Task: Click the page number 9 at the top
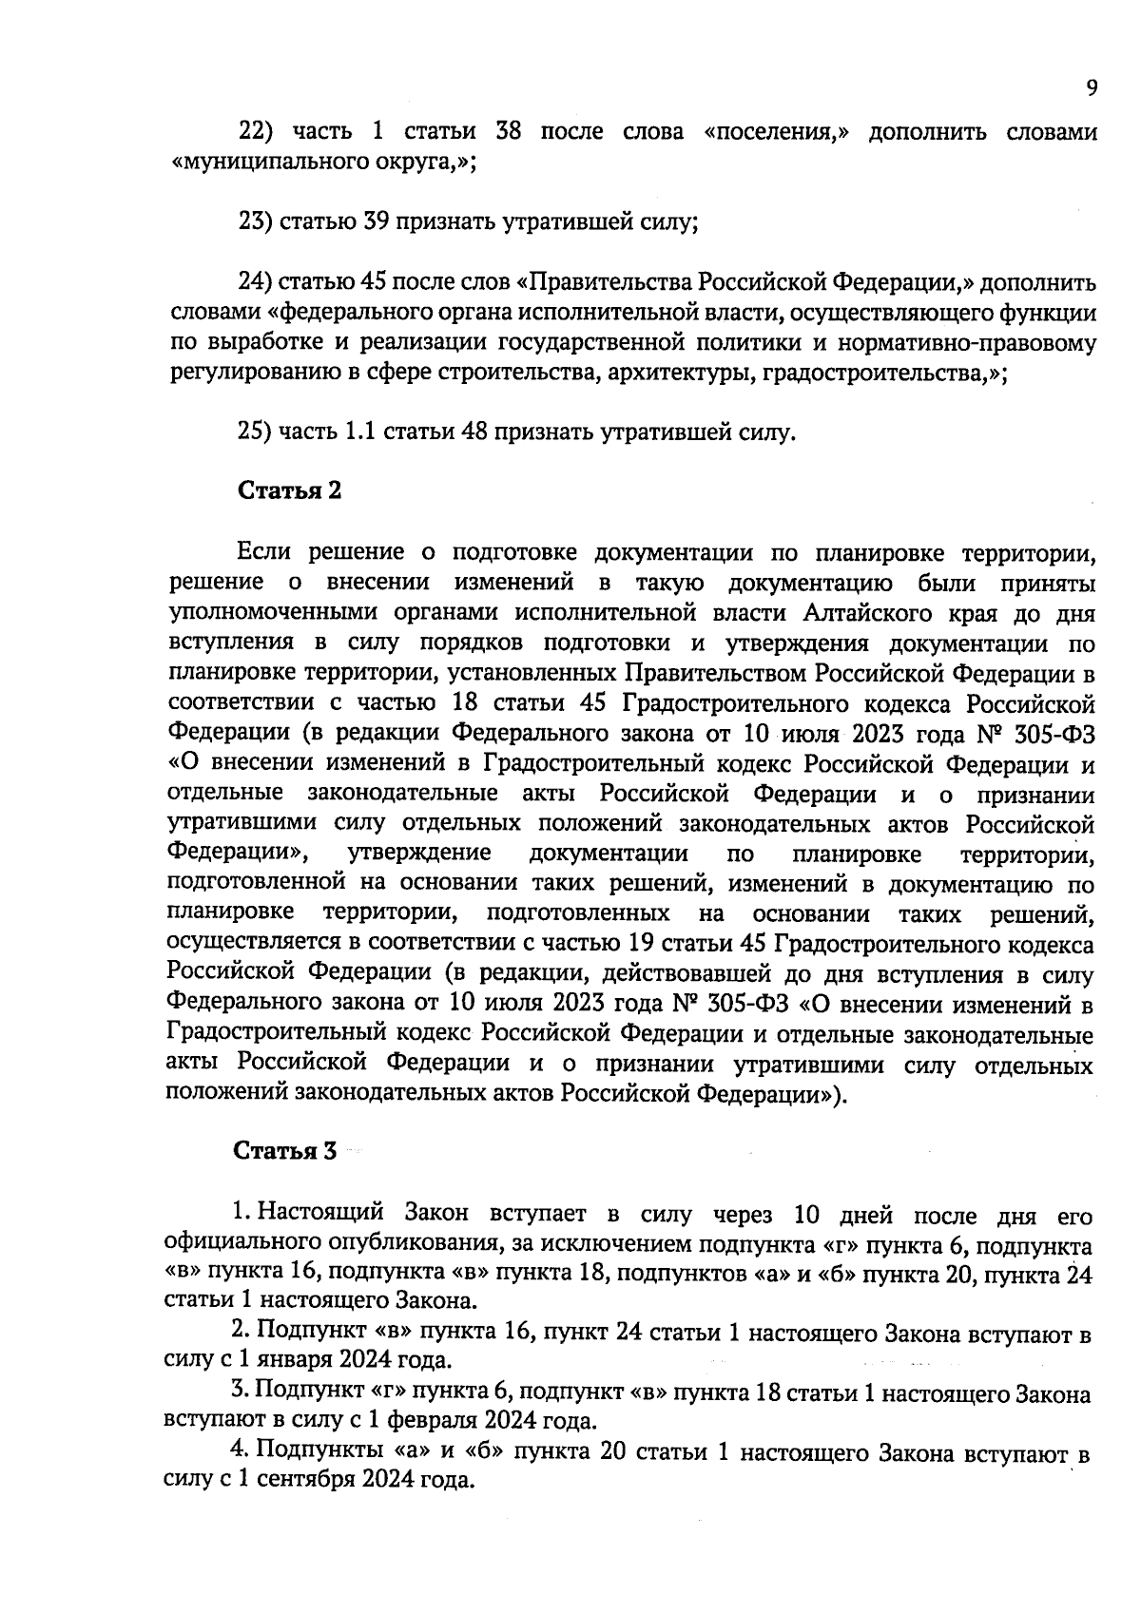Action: (x=1092, y=87)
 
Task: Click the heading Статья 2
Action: (x=288, y=490)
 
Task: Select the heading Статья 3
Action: (x=285, y=1150)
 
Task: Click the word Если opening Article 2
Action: (x=260, y=552)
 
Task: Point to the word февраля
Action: (x=414, y=1421)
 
